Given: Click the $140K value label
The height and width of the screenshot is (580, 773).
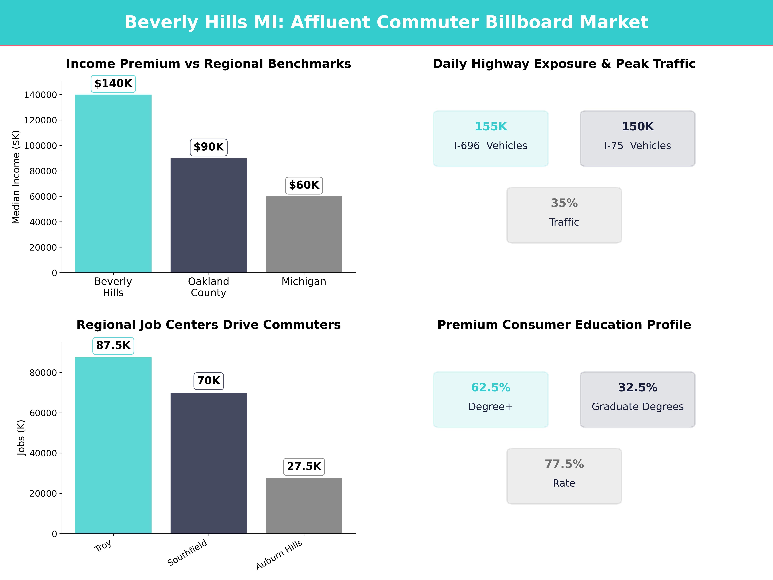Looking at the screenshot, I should (113, 84).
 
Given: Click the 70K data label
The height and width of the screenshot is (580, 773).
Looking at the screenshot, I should (209, 381).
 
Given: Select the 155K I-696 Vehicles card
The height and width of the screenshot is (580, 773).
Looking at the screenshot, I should (491, 138).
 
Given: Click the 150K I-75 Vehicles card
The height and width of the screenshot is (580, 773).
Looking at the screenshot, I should (637, 138).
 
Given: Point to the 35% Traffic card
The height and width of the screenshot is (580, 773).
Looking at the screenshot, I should (564, 215).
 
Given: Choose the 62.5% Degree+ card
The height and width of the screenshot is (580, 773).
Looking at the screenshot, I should (491, 399).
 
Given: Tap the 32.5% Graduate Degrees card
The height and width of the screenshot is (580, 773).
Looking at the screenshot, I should (637, 399).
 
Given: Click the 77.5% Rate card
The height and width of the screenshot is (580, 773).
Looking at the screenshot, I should (564, 476).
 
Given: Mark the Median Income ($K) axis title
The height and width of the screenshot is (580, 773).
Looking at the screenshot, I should (16, 177).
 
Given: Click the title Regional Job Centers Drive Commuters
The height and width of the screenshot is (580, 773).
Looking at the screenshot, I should (209, 325).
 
